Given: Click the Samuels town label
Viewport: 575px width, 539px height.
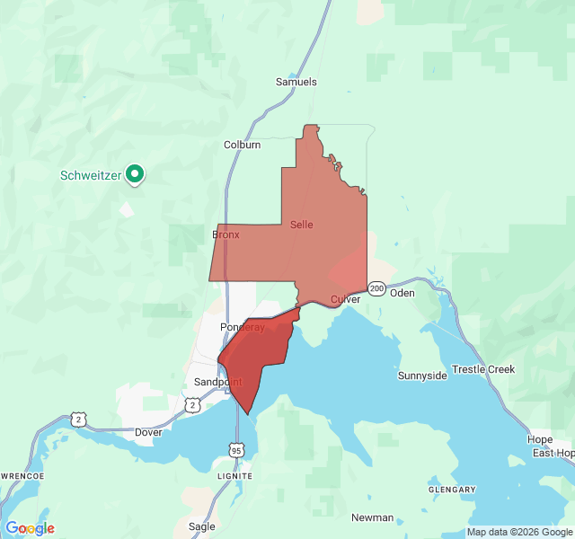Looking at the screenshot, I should (x=296, y=82).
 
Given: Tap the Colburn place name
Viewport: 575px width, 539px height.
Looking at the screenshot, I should (x=242, y=144).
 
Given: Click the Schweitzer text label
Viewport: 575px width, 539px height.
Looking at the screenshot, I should (x=91, y=175).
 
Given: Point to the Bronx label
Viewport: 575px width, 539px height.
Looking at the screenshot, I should (x=226, y=234).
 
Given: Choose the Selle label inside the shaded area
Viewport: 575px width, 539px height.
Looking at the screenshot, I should (x=302, y=225).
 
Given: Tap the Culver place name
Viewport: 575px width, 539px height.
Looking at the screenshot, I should (x=345, y=299).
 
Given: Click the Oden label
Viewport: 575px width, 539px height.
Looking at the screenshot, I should (x=402, y=293).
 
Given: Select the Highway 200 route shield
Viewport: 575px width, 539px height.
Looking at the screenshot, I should (x=376, y=288).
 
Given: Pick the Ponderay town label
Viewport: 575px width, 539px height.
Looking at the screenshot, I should (x=243, y=328).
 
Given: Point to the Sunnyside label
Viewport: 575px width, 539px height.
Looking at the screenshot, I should (x=422, y=376).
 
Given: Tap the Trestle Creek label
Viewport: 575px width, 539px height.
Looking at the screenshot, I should (x=483, y=369).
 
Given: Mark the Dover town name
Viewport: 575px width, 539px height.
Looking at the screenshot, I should (x=148, y=432).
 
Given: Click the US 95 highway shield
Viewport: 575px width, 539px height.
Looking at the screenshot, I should (x=236, y=449).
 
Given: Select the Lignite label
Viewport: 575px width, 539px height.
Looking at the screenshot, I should (x=234, y=475).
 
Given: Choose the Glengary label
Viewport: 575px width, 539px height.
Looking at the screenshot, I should (x=452, y=490).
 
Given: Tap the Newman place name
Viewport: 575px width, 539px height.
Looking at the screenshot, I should (x=372, y=517).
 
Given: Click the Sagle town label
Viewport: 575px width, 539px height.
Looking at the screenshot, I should (x=202, y=526).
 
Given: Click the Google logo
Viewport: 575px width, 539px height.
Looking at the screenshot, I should (x=30, y=528).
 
